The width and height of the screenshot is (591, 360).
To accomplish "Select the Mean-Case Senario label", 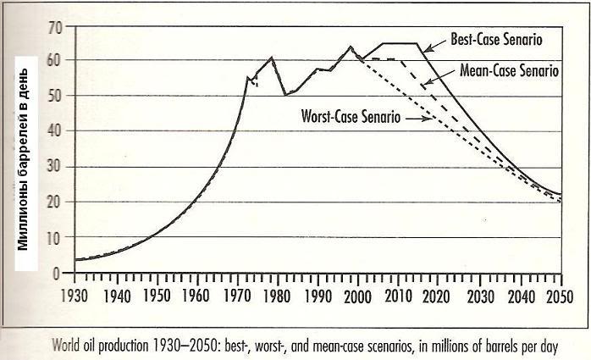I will pyautogui.click(x=509, y=71).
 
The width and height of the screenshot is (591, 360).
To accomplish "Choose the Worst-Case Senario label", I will pyautogui.click(x=351, y=116).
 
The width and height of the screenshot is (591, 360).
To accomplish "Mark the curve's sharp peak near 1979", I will pyautogui.click(x=271, y=58).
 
